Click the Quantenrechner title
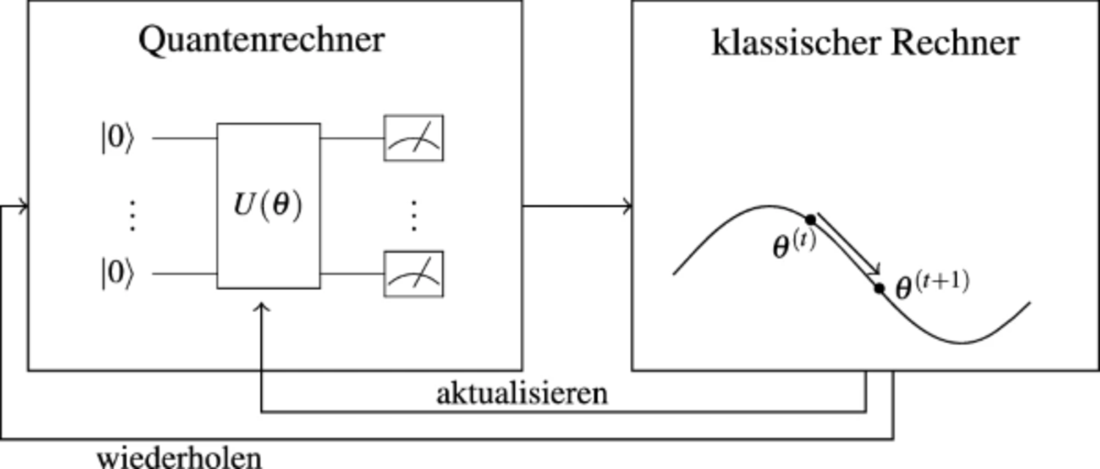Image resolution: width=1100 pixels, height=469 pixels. pos(262,41)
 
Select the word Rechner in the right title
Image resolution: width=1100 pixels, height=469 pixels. pos(955,43)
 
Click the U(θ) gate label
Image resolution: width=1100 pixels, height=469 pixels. pos(268,205)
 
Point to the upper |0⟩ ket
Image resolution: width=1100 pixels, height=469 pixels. pos(117,138)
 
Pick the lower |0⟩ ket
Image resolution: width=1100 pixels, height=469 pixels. pos(117,273)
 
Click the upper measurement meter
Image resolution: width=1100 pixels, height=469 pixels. pos(414,138)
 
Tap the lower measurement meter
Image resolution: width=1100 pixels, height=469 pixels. pos(414,274)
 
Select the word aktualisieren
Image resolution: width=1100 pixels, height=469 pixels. pos(522,394)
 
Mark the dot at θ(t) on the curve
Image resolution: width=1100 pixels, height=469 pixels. pos(811,220)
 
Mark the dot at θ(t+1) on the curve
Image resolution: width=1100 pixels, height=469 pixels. pos(879,289)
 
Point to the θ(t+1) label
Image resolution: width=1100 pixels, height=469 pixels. pos(932,286)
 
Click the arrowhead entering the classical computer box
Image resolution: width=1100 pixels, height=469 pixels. pos(628,206)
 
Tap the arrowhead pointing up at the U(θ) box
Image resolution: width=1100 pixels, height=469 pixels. pos(262,307)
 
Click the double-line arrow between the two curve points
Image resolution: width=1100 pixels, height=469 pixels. pos(848,244)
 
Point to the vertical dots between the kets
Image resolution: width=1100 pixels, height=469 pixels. pos(131,215)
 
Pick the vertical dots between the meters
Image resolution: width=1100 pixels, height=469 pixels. pos(414,215)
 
